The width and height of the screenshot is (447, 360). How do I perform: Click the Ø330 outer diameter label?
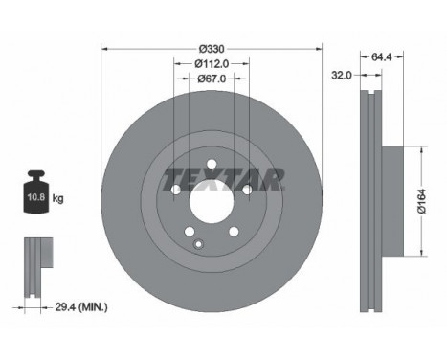[212, 49]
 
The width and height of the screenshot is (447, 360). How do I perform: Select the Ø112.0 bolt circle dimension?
[212, 64]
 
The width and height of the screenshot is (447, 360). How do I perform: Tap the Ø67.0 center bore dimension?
[212, 79]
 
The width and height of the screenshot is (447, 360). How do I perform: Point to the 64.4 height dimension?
[381, 56]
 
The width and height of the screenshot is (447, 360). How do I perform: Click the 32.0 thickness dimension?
[342, 76]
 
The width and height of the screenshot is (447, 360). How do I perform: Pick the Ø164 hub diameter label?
[422, 201]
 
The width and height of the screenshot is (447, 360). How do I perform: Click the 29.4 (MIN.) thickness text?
[81, 307]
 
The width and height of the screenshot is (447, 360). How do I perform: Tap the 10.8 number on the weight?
[35, 197]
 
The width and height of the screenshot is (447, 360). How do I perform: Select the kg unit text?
[57, 199]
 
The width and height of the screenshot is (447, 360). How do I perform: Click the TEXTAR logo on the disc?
[223, 179]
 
